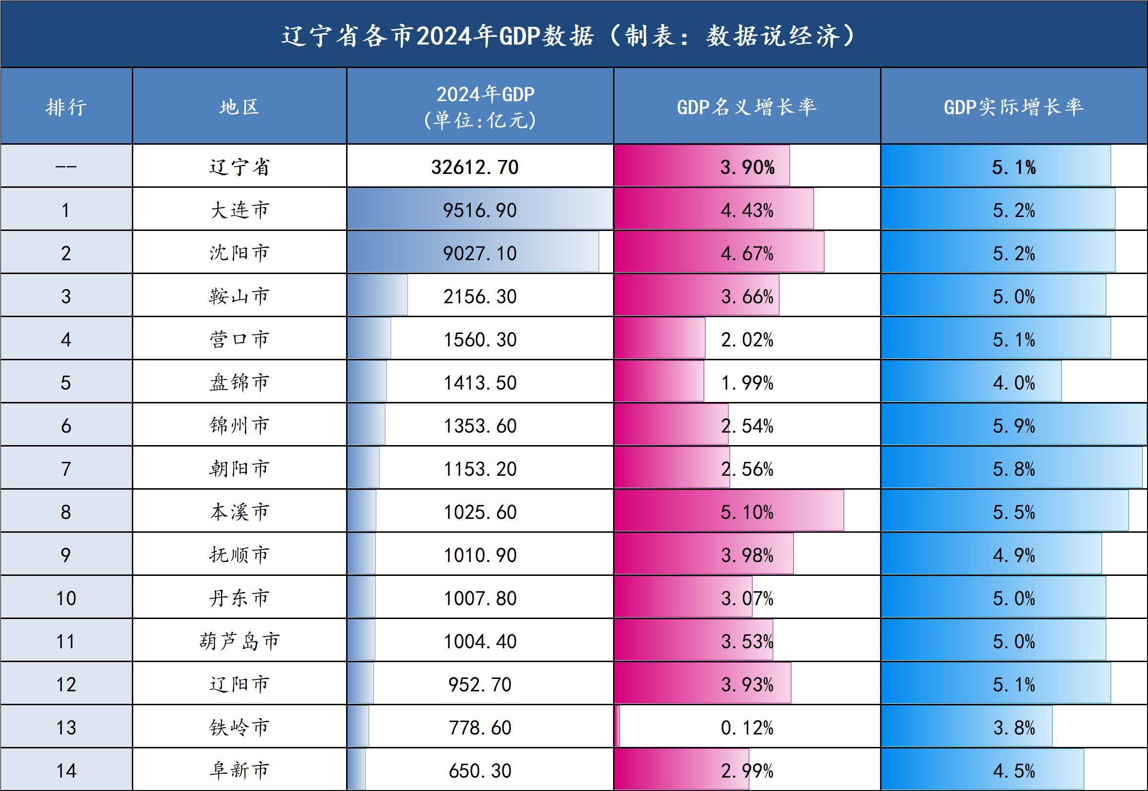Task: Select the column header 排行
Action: tap(66, 106)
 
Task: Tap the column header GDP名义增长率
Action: tap(746, 106)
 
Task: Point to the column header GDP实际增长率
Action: tap(1013, 106)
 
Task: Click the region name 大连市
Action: tap(240, 210)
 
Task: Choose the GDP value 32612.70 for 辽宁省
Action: tap(475, 167)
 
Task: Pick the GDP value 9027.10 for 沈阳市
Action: tap(479, 253)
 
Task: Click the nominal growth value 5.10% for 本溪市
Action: tap(746, 512)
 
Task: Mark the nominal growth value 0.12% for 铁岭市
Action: tap(746, 728)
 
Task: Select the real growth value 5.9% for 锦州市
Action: tap(1013, 426)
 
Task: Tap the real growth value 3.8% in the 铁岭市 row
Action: tap(1013, 728)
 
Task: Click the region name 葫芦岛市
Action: tap(240, 642)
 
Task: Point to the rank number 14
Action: tap(66, 771)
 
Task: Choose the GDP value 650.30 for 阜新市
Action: tap(479, 771)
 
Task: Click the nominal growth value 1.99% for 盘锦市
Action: tap(746, 383)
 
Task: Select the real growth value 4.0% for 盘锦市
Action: tap(1013, 383)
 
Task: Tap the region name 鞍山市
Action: tap(240, 297)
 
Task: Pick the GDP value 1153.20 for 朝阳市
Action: tap(479, 469)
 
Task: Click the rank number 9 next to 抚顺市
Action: tap(66, 555)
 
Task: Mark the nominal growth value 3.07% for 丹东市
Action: tap(746, 598)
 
